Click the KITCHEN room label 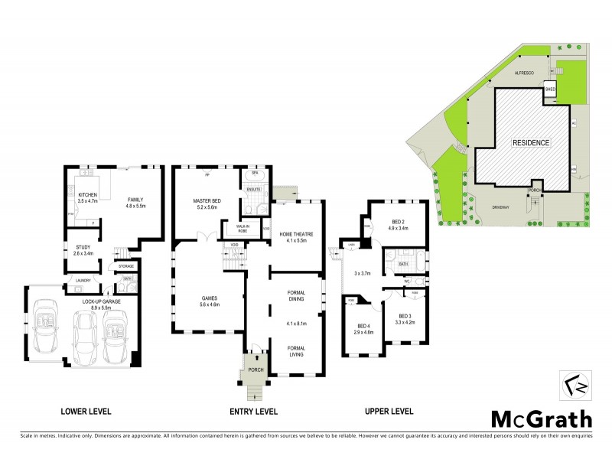(89, 195)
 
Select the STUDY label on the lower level (84, 246)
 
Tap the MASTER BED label (207, 200)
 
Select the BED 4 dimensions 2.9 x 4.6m (363, 332)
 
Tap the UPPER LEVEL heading (389, 411)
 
